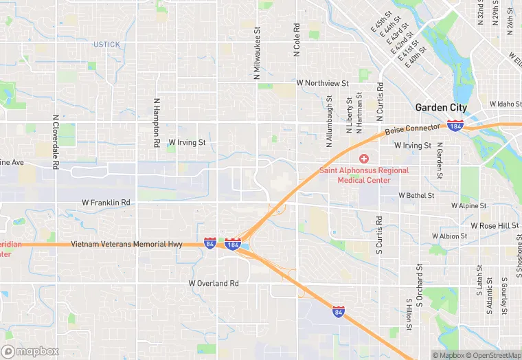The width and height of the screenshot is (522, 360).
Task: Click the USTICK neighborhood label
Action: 106,45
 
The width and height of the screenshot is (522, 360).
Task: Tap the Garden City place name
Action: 441,108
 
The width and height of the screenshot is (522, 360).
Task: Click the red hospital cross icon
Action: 364,159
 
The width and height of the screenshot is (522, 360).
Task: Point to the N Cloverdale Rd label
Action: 55,141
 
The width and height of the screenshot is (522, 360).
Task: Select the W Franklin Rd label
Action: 106,203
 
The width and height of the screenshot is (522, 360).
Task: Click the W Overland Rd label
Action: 214,283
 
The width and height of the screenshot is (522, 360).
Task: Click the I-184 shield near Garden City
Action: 455,126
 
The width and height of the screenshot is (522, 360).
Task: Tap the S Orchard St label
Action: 418,283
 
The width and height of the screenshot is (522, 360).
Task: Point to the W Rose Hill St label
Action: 495,225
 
